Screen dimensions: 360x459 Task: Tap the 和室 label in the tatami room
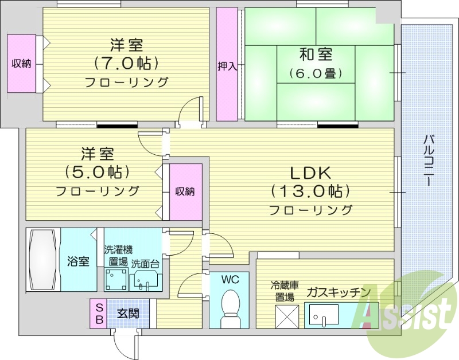315,55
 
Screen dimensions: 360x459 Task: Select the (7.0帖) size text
126,62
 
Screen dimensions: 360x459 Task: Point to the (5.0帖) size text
97,171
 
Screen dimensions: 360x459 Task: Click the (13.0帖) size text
310,190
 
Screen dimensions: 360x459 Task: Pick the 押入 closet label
227,66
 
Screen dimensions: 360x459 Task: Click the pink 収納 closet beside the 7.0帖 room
21,63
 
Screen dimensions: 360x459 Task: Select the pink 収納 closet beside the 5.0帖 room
185,191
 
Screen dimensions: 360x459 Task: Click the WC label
230,280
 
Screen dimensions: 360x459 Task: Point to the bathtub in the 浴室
43,260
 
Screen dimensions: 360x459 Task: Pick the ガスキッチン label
338,292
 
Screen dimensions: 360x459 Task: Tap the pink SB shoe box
99,313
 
